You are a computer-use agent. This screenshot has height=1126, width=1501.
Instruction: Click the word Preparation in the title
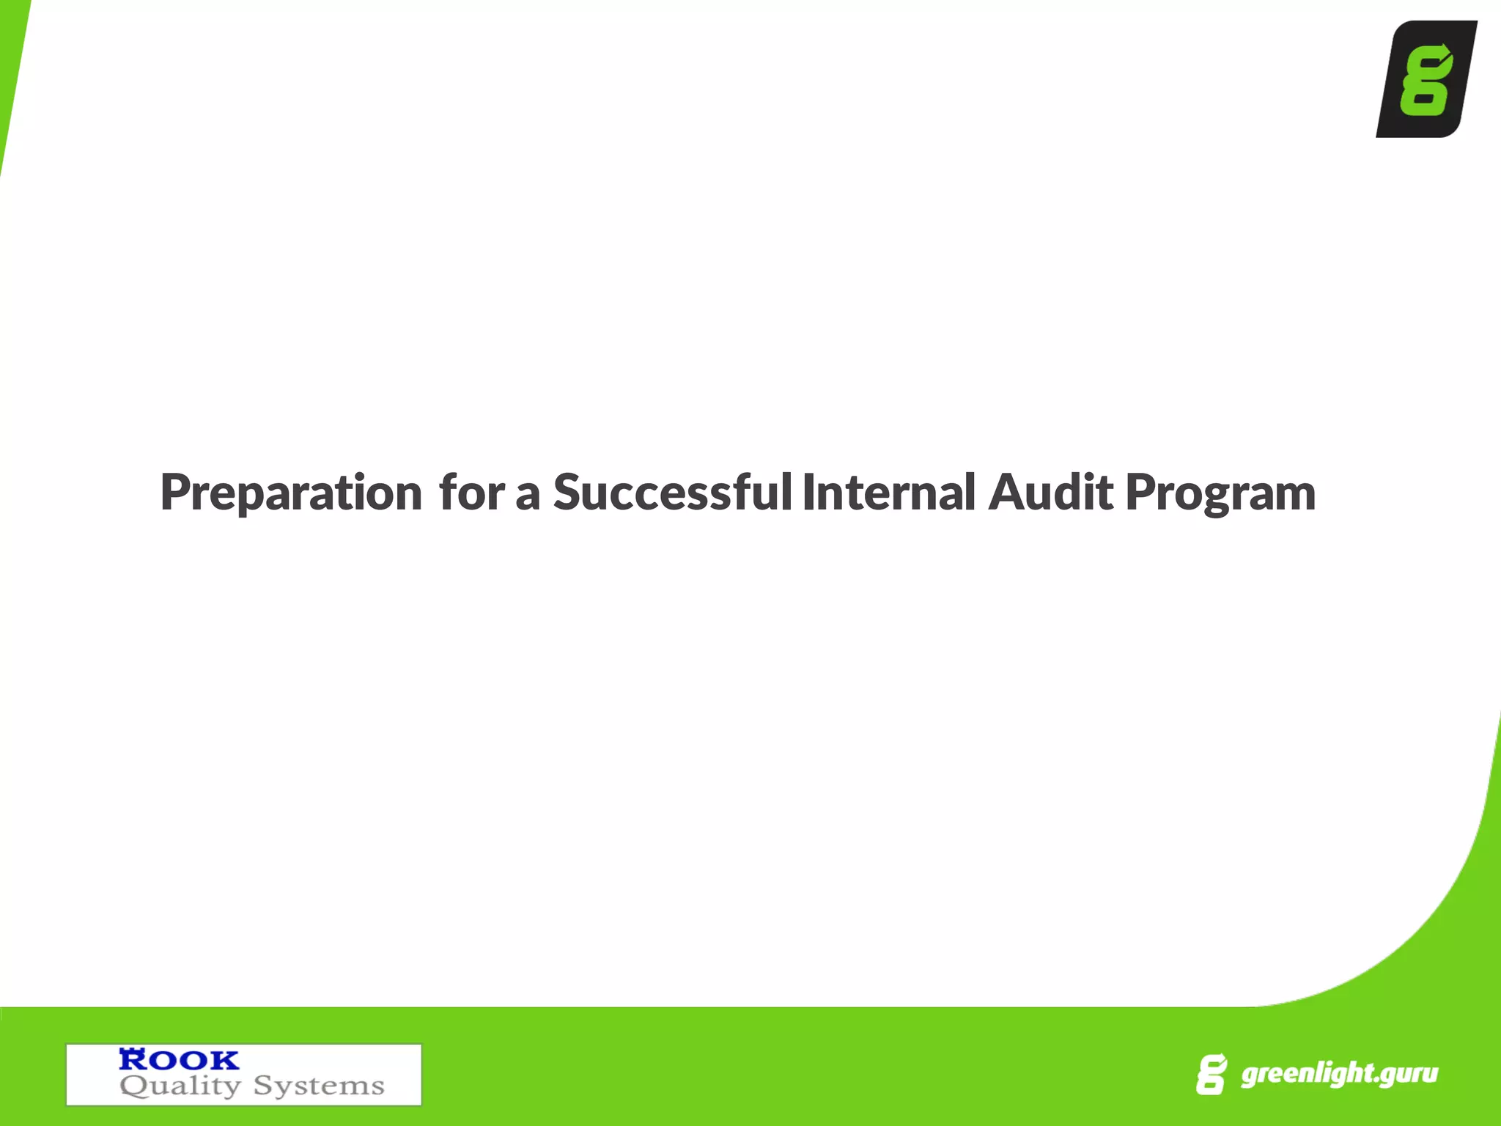(291, 493)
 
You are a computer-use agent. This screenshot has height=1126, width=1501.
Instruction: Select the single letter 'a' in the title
(528, 494)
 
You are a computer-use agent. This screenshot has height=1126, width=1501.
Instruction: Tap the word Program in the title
(1220, 494)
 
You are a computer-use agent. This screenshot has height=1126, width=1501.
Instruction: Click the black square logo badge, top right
(1426, 79)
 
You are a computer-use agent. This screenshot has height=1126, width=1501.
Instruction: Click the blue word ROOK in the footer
(179, 1059)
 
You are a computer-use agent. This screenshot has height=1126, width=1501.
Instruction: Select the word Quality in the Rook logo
(180, 1086)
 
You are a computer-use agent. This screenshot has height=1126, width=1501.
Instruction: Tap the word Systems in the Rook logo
(319, 1086)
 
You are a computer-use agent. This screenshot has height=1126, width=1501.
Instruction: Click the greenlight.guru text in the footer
(1339, 1074)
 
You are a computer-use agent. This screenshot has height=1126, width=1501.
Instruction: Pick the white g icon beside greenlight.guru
(1211, 1075)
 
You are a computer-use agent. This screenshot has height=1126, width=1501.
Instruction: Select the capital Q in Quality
(133, 1086)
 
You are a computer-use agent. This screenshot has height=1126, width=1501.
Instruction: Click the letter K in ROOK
(224, 1059)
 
